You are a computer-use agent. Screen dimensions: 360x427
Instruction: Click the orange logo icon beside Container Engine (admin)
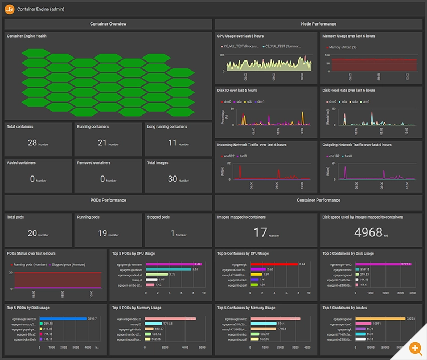point(10,9)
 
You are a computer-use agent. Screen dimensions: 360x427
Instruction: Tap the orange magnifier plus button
point(417,348)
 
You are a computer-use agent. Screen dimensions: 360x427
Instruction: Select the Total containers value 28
point(32,142)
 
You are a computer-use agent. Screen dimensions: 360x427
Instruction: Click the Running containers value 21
point(102,142)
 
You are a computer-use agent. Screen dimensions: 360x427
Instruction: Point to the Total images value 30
point(173,179)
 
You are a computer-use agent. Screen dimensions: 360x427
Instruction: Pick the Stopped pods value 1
point(173,233)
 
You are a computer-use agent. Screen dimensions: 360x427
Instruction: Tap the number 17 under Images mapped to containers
point(260,232)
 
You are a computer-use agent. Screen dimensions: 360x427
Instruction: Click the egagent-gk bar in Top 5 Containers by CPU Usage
point(273,264)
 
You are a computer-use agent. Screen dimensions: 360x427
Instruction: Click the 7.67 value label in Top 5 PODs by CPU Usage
point(195,269)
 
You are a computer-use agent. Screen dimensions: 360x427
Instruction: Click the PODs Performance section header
point(108,200)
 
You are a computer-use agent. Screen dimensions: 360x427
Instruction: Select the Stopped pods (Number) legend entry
point(69,265)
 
